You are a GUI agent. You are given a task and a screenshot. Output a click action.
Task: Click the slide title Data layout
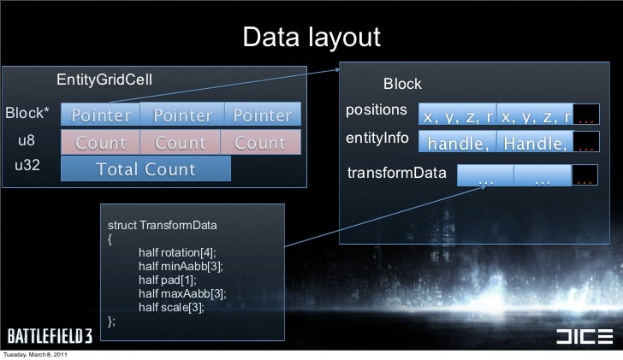[311, 38]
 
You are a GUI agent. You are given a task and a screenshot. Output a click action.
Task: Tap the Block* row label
[28, 114]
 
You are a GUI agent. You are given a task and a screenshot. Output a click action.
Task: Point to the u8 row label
[28, 141]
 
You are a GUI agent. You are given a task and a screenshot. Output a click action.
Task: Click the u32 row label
[28, 166]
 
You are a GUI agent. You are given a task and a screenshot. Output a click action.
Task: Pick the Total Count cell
[145, 169]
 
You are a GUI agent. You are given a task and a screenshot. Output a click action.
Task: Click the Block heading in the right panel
[401, 84]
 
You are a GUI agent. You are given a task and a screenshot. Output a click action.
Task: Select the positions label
[376, 111]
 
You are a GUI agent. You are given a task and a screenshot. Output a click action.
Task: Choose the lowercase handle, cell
[460, 144]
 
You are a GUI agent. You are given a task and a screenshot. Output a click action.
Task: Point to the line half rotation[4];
[176, 252]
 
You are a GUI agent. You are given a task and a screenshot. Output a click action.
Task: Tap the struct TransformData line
[162, 225]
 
